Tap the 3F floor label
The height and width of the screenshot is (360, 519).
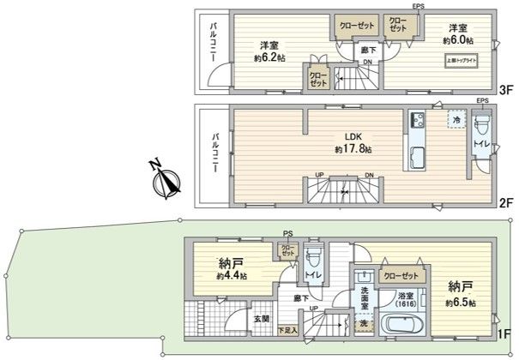pyautogui.click(x=506, y=89)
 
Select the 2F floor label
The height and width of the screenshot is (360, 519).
pyautogui.click(x=506, y=204)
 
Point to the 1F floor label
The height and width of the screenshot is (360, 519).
pyautogui.click(x=506, y=335)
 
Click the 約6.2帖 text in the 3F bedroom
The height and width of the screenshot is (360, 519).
pyautogui.click(x=269, y=57)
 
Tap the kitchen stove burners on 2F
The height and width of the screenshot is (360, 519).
pyautogui.click(x=416, y=121)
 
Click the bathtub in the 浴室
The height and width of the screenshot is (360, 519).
pyautogui.click(x=400, y=326)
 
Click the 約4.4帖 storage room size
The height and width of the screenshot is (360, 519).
pyautogui.click(x=232, y=277)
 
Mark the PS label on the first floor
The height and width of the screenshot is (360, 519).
pyautogui.click(x=287, y=235)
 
